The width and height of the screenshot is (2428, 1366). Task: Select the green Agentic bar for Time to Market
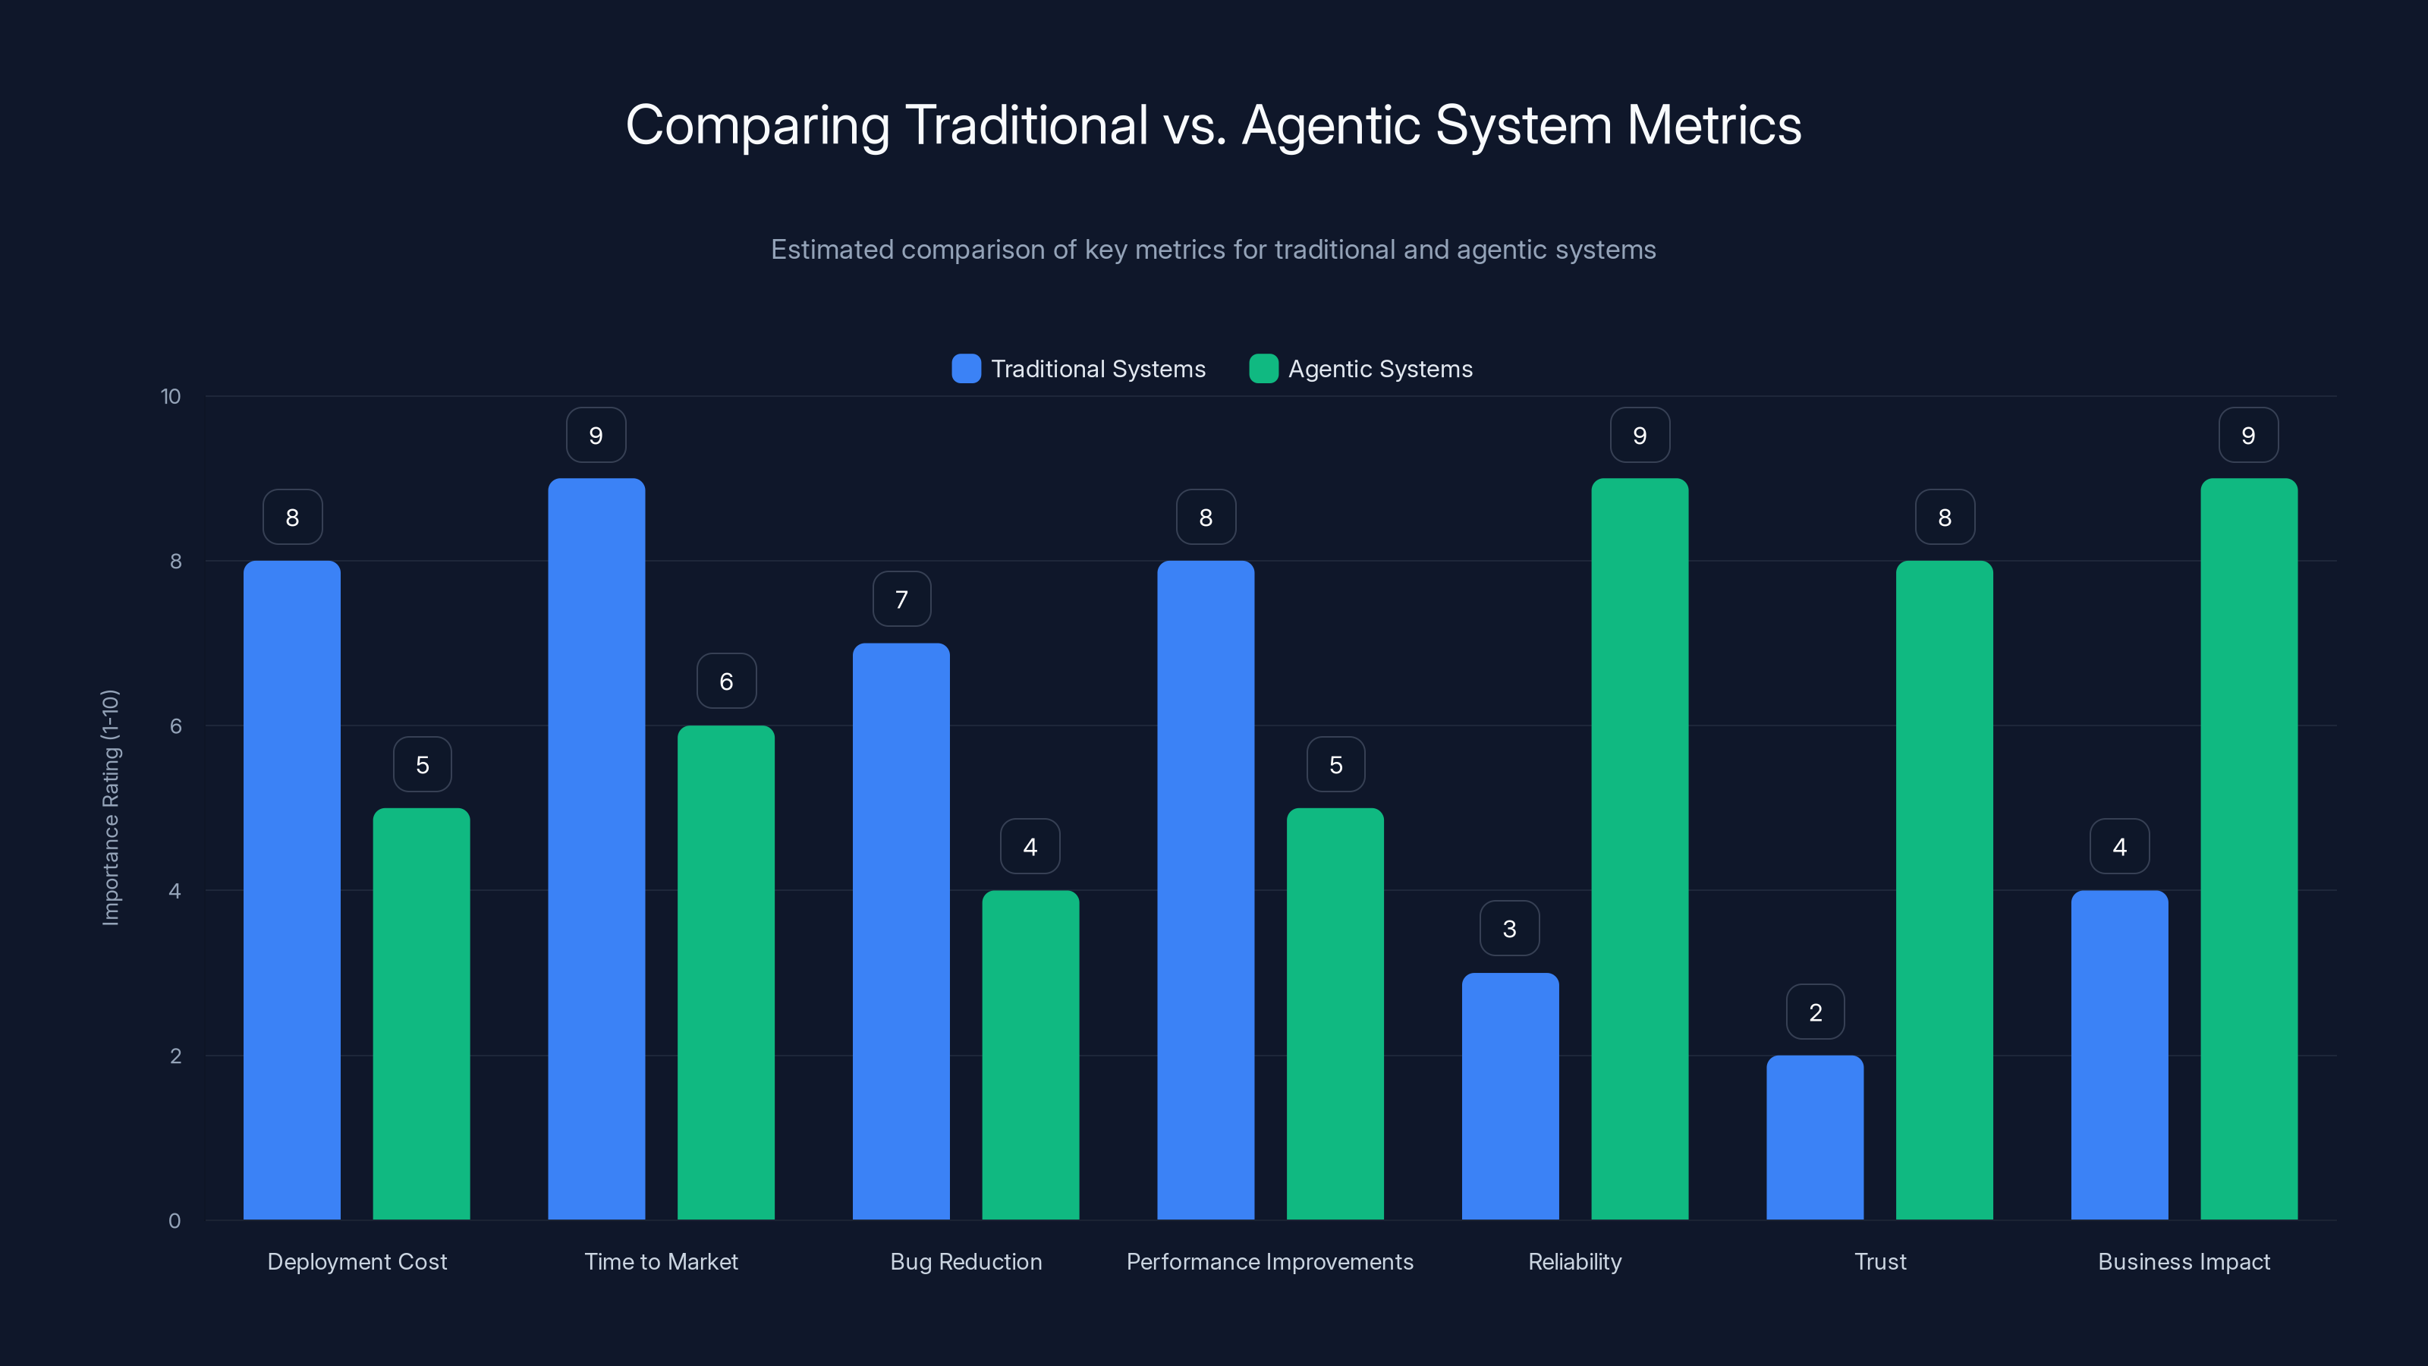pos(726,972)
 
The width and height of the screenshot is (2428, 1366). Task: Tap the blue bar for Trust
pos(1814,1137)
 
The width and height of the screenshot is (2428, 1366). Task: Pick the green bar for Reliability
pos(1639,848)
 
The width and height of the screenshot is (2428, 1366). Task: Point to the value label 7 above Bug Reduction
pos(901,599)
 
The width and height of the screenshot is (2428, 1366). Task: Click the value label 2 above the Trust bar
pos(1814,1012)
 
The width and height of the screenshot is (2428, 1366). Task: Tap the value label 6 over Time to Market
pos(726,681)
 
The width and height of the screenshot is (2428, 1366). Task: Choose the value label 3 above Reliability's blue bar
pos(1509,929)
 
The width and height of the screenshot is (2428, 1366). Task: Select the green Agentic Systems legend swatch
pos(1263,369)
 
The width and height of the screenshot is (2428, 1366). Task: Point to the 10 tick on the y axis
pos(171,396)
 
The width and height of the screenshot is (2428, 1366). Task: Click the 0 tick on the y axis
pos(175,1221)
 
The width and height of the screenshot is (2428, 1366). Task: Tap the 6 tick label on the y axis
pos(175,726)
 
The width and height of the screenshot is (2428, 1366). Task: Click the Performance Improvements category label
pos(1269,1261)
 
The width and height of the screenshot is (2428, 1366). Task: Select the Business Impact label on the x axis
pos(2183,1261)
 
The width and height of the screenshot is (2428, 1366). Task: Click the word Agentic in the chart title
pos(1332,125)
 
